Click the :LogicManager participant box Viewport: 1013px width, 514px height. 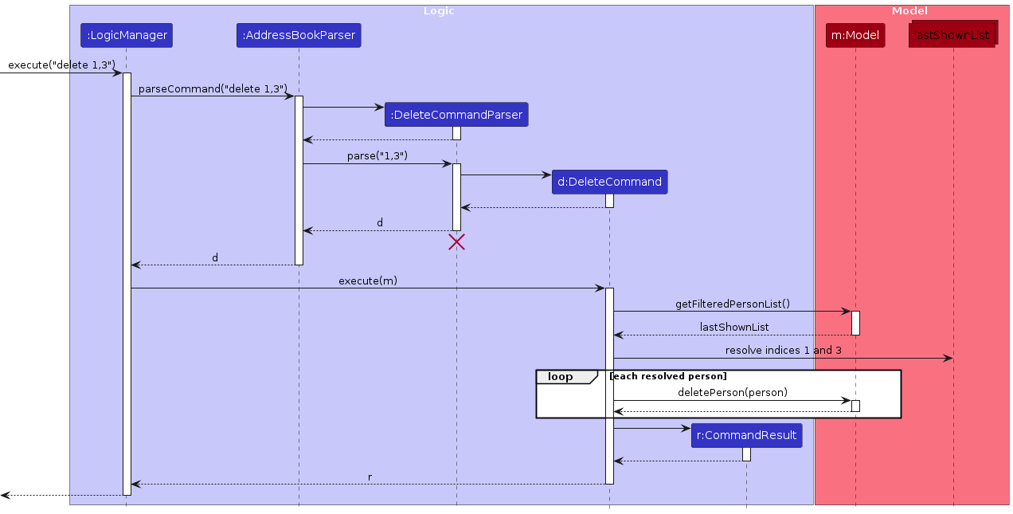click(x=126, y=35)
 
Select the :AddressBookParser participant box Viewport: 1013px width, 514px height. click(x=299, y=35)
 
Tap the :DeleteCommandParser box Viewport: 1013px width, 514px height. click(x=456, y=115)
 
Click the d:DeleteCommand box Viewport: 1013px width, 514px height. click(x=609, y=182)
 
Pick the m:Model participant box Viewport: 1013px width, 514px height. click(x=855, y=35)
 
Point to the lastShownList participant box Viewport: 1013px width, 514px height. click(x=952, y=35)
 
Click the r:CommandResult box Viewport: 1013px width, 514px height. click(x=746, y=435)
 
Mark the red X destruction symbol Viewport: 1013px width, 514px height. click(x=456, y=242)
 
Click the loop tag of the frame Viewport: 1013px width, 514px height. click(x=561, y=376)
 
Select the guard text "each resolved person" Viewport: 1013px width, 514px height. click(x=667, y=376)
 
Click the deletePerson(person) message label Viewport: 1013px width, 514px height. click(x=732, y=392)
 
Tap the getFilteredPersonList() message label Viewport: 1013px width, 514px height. click(x=732, y=304)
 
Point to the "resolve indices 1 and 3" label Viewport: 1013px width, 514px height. click(x=783, y=350)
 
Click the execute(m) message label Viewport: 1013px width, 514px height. click(x=368, y=281)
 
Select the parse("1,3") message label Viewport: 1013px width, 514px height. click(x=377, y=155)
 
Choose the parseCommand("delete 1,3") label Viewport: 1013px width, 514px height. click(x=213, y=88)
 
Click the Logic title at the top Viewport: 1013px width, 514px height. click(x=439, y=11)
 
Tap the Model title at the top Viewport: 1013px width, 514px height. click(x=909, y=11)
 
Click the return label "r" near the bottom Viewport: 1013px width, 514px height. click(x=370, y=477)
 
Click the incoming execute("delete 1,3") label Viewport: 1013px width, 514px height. click(x=61, y=65)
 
